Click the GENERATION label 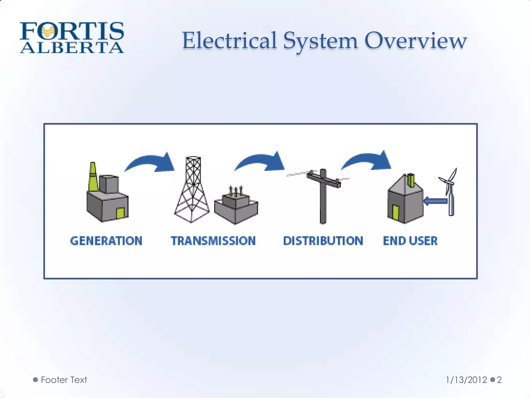click(x=106, y=241)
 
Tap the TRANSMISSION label click(x=213, y=241)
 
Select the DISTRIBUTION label click(x=323, y=241)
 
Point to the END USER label click(x=410, y=241)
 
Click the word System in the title click(x=321, y=41)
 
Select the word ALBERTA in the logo click(x=72, y=48)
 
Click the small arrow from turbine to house click(x=436, y=201)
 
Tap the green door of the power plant click(x=120, y=213)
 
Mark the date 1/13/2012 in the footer click(x=466, y=380)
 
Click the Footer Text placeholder click(x=64, y=380)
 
